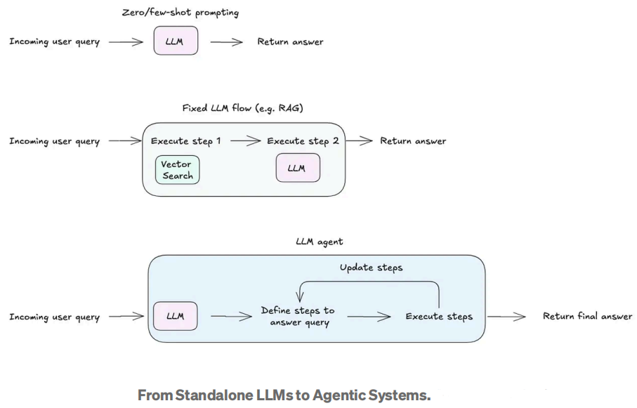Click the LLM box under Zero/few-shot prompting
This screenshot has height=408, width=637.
[x=176, y=41]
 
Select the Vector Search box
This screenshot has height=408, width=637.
[x=177, y=170]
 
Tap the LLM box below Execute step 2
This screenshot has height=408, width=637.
[x=296, y=169]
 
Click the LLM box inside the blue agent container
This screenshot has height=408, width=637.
[x=176, y=316]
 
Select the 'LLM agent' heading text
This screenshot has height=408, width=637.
[x=320, y=242]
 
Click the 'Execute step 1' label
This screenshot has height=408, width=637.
[x=186, y=141]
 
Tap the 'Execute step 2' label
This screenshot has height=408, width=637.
[x=303, y=141]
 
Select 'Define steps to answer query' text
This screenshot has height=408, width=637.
[x=298, y=317]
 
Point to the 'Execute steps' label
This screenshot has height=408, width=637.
[x=439, y=317]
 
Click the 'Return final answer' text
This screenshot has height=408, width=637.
[x=587, y=317]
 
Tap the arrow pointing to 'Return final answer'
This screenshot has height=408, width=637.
[x=506, y=317]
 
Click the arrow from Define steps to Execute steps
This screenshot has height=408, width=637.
[x=369, y=317]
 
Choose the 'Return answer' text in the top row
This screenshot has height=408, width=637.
[x=290, y=41]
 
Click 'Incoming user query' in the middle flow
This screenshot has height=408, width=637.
[x=54, y=141]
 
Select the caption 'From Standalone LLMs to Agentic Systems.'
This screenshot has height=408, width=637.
[x=284, y=395]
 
